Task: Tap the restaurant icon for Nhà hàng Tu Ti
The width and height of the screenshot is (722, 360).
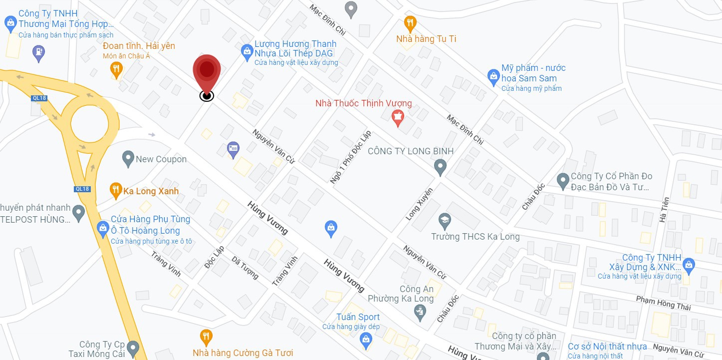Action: [x=410, y=23]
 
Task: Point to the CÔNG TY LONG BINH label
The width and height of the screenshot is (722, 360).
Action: [x=411, y=151]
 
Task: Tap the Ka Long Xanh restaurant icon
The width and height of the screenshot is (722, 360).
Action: [x=116, y=190]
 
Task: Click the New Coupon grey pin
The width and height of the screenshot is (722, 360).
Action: [x=128, y=159]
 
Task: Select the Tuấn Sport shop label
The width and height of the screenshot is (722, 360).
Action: [x=358, y=317]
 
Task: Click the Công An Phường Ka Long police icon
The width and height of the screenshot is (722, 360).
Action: [x=420, y=313]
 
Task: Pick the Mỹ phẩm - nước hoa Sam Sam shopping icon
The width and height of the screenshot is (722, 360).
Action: [x=493, y=76]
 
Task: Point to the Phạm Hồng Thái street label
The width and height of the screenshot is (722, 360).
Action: [x=663, y=302]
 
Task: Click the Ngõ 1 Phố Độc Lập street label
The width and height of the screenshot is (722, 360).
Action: [x=350, y=157]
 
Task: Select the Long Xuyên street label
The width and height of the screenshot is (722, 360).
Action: [x=419, y=204]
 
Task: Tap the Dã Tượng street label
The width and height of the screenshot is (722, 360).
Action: [x=245, y=267]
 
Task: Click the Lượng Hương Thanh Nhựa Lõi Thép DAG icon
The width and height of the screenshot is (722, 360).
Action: [x=246, y=51]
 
